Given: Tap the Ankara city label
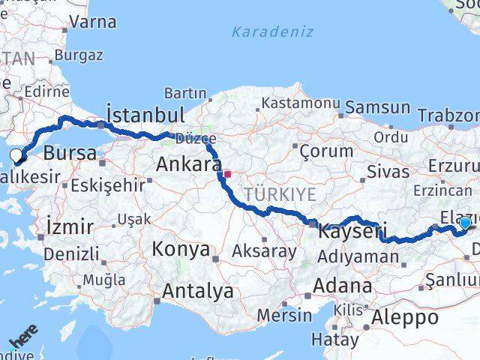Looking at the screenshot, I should pos(184,163).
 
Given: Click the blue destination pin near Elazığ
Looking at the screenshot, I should pos(465,222).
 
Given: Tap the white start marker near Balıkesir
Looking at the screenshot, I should pos(16,156).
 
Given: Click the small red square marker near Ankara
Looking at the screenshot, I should pos(227,174).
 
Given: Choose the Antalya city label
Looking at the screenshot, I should pos(198,291).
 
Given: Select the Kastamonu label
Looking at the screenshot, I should pos(295,101).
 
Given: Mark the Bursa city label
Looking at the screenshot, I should pos(70,154).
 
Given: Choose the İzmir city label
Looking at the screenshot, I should pos(70,226).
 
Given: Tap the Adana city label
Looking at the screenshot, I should pos(343,286).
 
